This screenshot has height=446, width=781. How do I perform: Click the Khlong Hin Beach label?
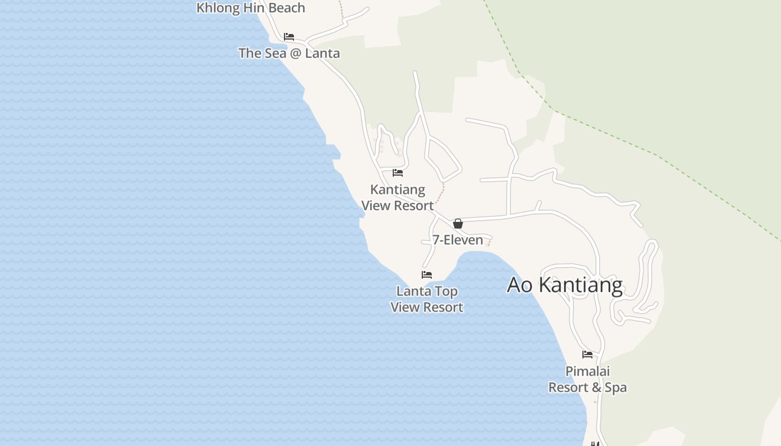pyautogui.click(x=250, y=8)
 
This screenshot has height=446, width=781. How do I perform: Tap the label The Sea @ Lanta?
pyautogui.click(x=289, y=53)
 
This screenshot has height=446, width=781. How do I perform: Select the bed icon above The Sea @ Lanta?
pyautogui.click(x=289, y=37)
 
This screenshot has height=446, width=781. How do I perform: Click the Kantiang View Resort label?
pyautogui.click(x=397, y=197)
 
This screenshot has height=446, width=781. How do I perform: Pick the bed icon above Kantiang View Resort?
pyautogui.click(x=398, y=173)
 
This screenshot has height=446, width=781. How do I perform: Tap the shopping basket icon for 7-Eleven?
pyautogui.click(x=458, y=224)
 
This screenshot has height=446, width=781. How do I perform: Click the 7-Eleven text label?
pyautogui.click(x=458, y=240)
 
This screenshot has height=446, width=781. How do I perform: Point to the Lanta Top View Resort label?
pyautogui.click(x=427, y=299)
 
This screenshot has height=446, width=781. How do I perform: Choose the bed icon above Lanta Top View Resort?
pyautogui.click(x=427, y=275)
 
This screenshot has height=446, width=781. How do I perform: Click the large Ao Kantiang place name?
pyautogui.click(x=565, y=285)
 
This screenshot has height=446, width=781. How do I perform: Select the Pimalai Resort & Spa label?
pyautogui.click(x=587, y=379)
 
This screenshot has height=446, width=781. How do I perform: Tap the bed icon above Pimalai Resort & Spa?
pyautogui.click(x=587, y=355)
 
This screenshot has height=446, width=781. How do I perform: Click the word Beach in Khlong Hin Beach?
pyautogui.click(x=287, y=8)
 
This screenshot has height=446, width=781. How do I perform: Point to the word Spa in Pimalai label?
pyautogui.click(x=616, y=387)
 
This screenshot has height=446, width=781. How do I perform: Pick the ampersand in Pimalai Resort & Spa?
pyautogui.click(x=596, y=387)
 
